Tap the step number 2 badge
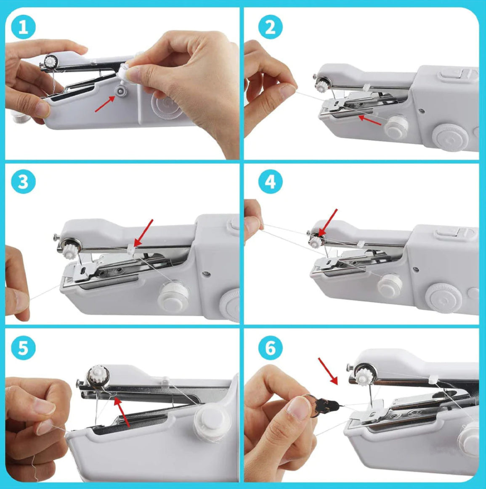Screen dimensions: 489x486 tap(271, 28)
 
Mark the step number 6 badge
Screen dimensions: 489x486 tap(271, 348)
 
